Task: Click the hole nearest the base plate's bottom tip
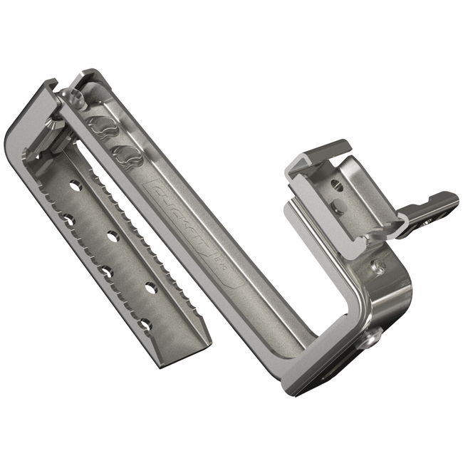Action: (x=145, y=324)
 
